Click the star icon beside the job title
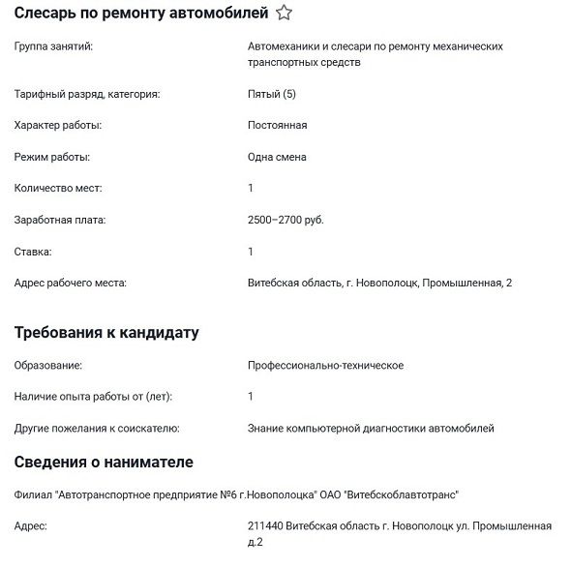[284, 14]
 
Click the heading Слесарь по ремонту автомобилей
[141, 14]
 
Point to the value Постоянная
[278, 126]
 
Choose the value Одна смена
[278, 157]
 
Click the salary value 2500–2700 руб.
[286, 220]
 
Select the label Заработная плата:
[60, 220]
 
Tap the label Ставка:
[33, 252]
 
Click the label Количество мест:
[58, 189]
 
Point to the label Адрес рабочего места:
[71, 283]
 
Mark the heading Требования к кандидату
[106, 333]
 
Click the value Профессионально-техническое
[326, 366]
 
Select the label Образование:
[48, 366]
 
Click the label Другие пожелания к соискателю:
[97, 428]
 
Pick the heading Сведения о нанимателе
[104, 462]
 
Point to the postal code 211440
[265, 526]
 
